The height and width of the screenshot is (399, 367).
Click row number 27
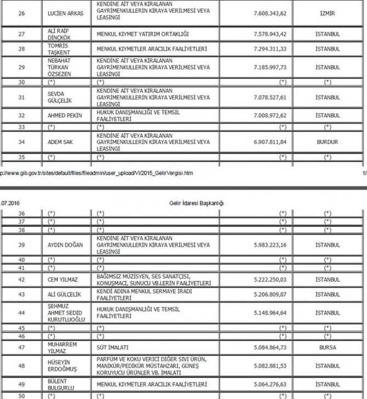point(21,34)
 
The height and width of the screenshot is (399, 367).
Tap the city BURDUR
point(328,142)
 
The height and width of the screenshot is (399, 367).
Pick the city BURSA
point(328,347)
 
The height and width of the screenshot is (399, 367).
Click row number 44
point(22,313)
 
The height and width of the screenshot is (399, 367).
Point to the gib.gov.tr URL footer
point(99,173)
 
